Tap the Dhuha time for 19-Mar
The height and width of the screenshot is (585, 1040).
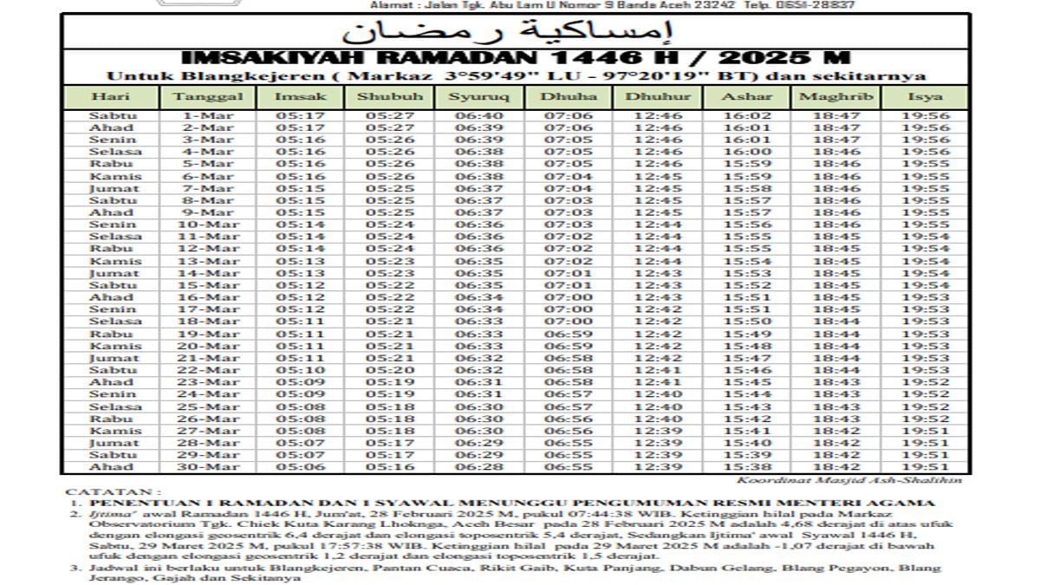[568, 334]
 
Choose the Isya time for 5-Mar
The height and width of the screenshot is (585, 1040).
[925, 164]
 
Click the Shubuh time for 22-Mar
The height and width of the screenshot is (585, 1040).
[389, 370]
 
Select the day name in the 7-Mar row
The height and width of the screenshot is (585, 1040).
[114, 188]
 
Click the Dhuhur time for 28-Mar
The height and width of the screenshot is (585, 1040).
[658, 443]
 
